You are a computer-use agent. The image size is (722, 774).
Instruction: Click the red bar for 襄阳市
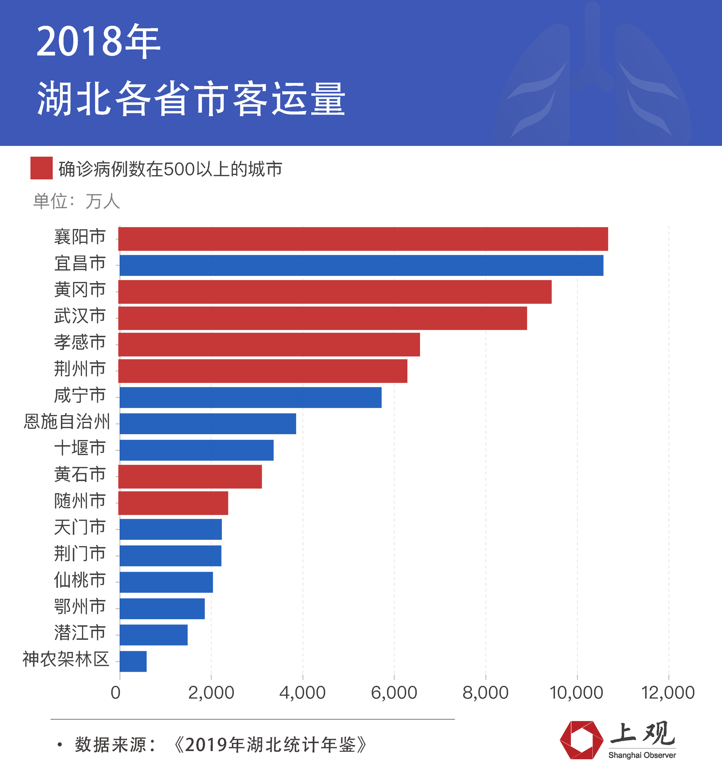click(363, 239)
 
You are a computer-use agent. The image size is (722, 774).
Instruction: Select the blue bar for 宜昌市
click(361, 265)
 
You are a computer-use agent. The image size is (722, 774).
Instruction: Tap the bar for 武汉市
click(322, 318)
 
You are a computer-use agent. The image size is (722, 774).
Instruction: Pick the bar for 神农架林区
click(133, 661)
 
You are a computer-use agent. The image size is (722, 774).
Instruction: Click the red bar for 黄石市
click(190, 477)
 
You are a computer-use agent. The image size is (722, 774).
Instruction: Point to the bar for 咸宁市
click(250, 397)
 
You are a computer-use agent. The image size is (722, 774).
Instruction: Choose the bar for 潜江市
click(153, 635)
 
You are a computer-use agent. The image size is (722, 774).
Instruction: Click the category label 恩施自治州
click(67, 421)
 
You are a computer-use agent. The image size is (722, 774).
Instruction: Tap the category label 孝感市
click(80, 342)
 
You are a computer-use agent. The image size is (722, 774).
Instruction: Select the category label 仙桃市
click(80, 580)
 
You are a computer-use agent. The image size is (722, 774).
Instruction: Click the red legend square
click(41, 168)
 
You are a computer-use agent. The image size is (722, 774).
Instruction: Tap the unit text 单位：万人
click(76, 201)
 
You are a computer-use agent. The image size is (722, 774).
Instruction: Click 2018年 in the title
click(98, 41)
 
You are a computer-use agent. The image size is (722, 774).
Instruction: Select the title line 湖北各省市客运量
click(191, 99)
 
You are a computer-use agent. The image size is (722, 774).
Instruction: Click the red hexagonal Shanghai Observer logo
click(581, 740)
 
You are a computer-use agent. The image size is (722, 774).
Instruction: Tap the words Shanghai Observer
click(642, 755)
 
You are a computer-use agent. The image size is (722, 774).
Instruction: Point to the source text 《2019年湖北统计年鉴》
click(270, 745)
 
